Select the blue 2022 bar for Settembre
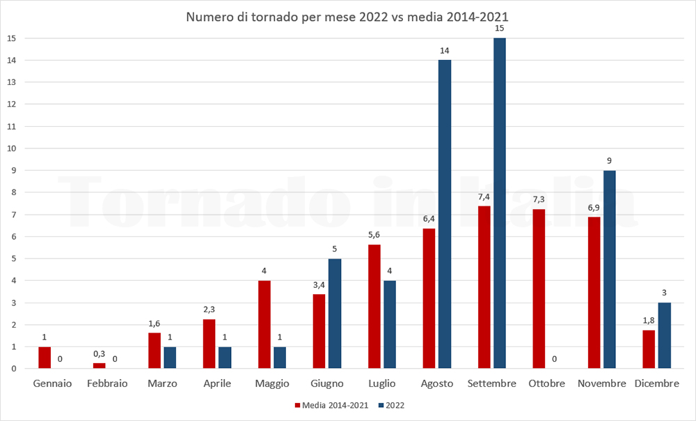tap(500, 203)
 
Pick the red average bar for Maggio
tap(264, 324)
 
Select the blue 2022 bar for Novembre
tap(610, 269)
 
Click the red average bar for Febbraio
tap(100, 365)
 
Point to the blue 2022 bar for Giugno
tap(335, 313)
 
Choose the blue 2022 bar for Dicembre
tap(664, 335)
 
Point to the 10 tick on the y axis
tap(11, 148)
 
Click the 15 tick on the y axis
tap(11, 38)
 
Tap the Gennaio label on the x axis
tap(52, 384)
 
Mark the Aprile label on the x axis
tap(217, 384)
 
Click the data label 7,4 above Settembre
tap(484, 197)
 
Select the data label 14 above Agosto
tap(445, 51)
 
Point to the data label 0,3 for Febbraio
tap(100, 354)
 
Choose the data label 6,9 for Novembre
tap(594, 208)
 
